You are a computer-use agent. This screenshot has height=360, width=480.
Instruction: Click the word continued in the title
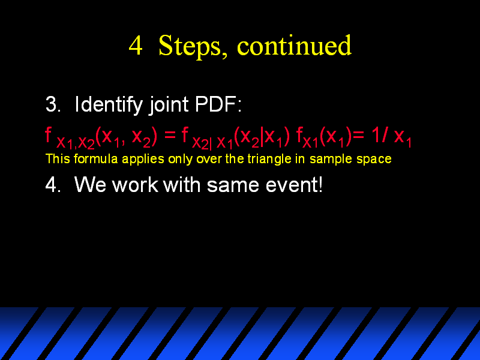(294, 46)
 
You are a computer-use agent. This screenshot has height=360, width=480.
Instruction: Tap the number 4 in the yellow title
(136, 46)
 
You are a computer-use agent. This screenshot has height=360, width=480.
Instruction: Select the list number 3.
(53, 104)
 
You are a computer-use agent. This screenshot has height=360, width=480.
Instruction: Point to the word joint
(169, 106)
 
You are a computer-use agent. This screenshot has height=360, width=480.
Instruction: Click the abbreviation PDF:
(218, 104)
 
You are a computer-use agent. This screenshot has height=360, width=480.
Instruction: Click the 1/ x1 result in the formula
(392, 137)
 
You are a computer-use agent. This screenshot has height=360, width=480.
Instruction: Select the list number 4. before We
(53, 185)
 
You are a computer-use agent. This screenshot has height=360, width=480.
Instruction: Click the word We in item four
(91, 185)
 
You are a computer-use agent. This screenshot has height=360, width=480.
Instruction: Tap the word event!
(294, 185)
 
